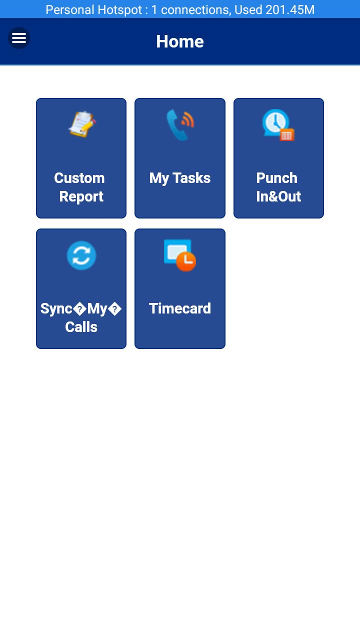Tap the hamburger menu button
(19, 38)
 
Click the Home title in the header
(180, 41)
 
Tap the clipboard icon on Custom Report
(82, 124)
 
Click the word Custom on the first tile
(79, 178)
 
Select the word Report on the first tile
(81, 196)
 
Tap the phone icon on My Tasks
(180, 125)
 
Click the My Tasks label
(180, 178)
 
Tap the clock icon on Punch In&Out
(278, 125)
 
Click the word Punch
(277, 178)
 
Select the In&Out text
(278, 196)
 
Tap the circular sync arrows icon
(81, 255)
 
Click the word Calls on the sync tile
(81, 327)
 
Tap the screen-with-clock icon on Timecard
(180, 255)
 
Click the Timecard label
(180, 308)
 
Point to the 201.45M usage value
(290, 9)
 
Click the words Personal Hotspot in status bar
(93, 9)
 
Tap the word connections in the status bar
(196, 10)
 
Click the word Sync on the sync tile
(56, 309)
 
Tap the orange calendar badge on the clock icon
(287, 135)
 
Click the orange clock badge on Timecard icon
(186, 261)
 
